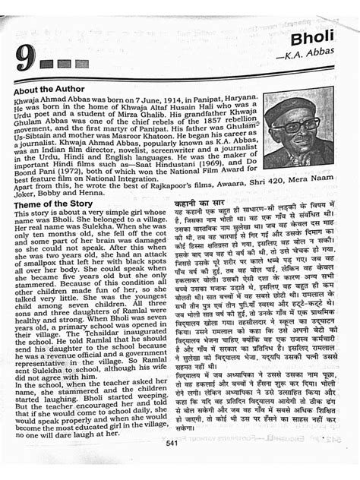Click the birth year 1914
163,102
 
